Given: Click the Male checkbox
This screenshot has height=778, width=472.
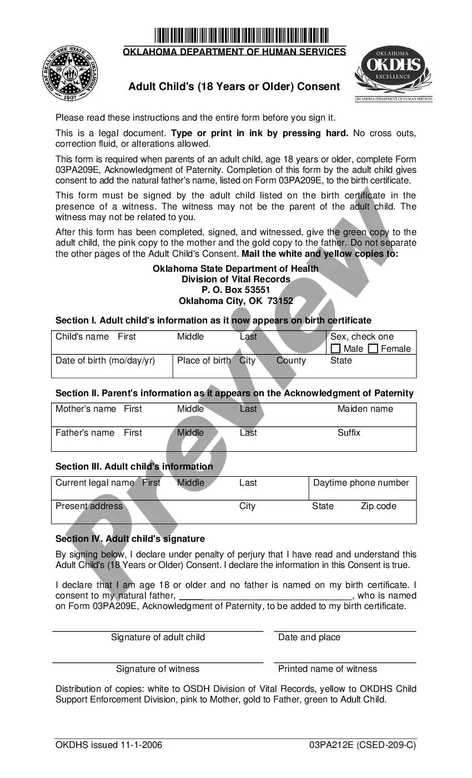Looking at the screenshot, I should (336, 349).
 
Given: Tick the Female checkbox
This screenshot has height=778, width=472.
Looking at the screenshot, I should (373, 349).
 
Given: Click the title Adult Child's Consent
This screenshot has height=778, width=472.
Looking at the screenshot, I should (234, 87).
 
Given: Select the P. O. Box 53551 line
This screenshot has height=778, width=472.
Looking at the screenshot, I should (235, 290).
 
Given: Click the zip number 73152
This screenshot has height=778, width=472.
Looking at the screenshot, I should (280, 301).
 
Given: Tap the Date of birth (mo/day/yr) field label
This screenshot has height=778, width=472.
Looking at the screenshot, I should (105, 361).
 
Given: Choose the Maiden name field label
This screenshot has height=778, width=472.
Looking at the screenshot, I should (365, 409).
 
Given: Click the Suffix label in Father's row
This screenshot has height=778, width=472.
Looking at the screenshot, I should (349, 432).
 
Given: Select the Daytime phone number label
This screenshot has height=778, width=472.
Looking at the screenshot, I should (361, 483).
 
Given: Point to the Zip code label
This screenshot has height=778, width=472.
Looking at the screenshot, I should (378, 506).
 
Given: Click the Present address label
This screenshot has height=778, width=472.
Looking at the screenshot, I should (89, 506).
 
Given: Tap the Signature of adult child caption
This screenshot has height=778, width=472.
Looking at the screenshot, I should (158, 637).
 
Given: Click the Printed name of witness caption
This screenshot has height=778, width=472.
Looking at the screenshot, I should (327, 669).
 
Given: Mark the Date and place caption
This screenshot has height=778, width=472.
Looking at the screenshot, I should (309, 637).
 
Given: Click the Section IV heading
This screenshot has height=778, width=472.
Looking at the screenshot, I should (130, 539).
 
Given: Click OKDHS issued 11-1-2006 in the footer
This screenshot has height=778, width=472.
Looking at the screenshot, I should (109, 745).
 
